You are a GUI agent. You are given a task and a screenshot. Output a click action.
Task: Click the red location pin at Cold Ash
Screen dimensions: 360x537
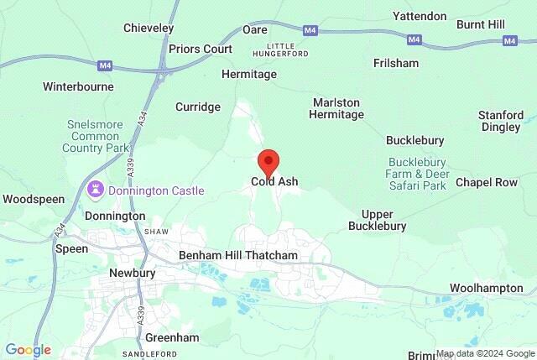(x=268, y=160)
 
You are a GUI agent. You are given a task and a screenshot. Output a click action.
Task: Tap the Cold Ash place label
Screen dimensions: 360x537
(x=274, y=181)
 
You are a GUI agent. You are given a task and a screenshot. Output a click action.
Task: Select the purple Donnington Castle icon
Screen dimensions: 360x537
(x=95, y=190)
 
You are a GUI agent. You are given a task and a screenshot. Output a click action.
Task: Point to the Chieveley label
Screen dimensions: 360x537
(x=149, y=29)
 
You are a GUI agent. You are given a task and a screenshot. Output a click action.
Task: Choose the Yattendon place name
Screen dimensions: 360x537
(x=419, y=16)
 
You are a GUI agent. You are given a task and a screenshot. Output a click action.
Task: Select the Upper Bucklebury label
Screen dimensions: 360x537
(x=383, y=220)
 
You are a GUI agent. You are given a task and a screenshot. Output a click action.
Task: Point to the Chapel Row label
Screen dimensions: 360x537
(x=487, y=182)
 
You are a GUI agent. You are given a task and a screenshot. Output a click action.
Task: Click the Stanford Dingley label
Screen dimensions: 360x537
(x=501, y=121)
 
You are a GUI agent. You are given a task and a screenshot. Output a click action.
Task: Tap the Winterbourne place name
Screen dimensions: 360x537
(x=78, y=86)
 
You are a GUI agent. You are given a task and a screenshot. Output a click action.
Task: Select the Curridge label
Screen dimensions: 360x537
(x=198, y=107)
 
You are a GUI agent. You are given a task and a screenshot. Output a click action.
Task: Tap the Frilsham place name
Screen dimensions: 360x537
(x=395, y=63)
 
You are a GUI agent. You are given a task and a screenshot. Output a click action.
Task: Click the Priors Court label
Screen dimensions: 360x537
(x=201, y=49)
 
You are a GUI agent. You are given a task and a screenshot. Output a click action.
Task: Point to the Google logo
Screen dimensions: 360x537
(x=28, y=350)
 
